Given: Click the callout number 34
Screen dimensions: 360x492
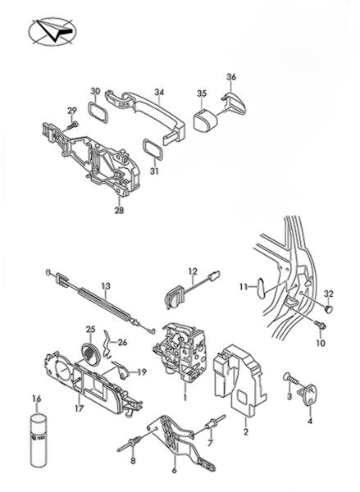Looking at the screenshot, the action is [159, 92].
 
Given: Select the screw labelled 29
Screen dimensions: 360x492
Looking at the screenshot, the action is [73, 125].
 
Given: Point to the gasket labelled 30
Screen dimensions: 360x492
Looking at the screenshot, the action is [98, 112].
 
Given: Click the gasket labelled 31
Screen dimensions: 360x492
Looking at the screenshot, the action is [153, 149].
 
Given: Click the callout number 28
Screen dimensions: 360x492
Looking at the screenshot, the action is [119, 210].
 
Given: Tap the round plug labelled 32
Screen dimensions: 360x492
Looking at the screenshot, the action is [328, 309].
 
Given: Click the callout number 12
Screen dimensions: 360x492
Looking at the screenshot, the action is [193, 271].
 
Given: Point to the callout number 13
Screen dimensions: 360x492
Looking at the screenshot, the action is [106, 286].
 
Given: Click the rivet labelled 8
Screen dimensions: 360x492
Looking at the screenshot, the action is [130, 445].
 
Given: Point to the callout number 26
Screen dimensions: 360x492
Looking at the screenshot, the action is [123, 342].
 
